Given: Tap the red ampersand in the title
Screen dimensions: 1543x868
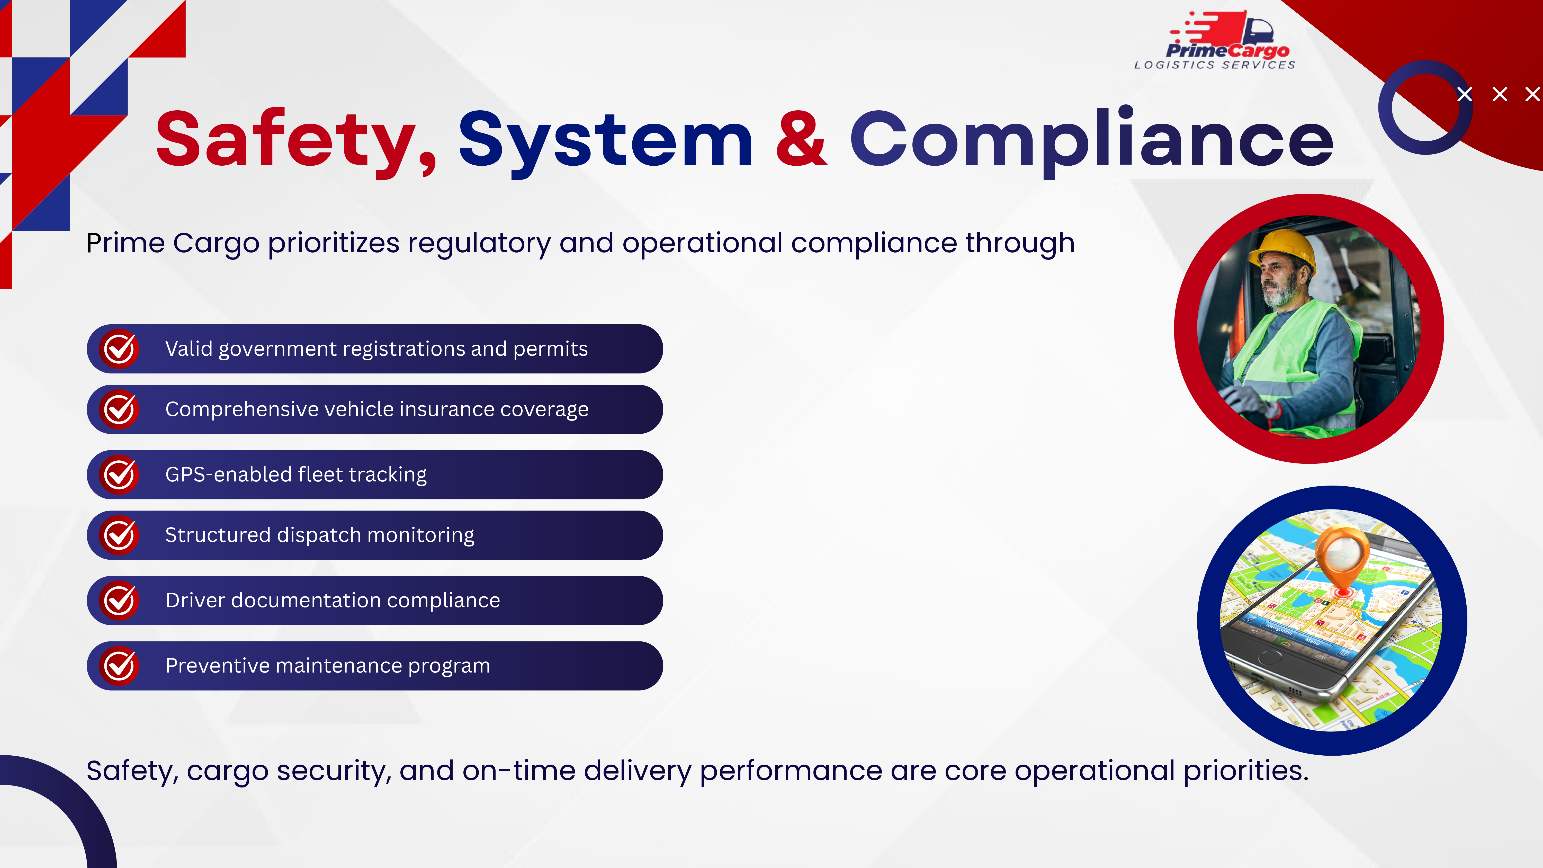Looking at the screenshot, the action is coord(801,138).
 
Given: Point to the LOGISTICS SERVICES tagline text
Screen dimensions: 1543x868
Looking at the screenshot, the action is coord(1215,65).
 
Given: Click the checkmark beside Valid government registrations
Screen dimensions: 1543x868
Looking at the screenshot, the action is coord(119,349).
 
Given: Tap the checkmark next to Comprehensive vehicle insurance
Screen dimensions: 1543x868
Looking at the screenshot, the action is coord(119,409).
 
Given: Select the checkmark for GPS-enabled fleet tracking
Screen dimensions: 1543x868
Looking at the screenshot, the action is coord(119,475).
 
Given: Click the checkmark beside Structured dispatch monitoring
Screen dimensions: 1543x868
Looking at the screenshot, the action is coord(119,535).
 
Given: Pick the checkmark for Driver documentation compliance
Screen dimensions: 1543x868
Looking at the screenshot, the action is coord(119,600).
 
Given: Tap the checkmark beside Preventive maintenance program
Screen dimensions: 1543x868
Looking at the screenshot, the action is coord(119,666).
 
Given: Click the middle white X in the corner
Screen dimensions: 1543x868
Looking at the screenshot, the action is coord(1500,94).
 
